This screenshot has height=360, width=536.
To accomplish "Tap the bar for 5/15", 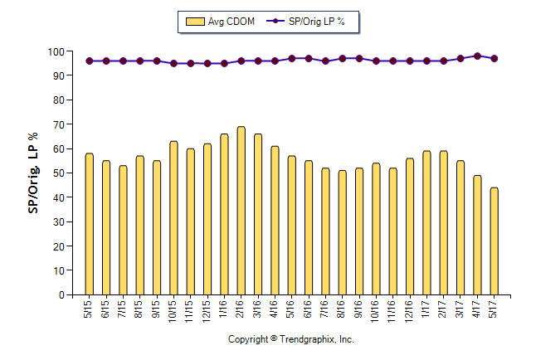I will (x=89, y=224).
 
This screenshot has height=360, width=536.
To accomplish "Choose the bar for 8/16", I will (x=343, y=232).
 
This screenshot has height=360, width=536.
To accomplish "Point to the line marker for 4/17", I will (x=477, y=56).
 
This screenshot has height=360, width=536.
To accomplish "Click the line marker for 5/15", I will (x=89, y=61).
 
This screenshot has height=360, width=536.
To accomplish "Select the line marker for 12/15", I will (x=207, y=63).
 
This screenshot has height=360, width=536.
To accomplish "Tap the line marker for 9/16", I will (x=359, y=59).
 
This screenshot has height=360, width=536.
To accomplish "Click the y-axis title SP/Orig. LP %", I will (x=33, y=173).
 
